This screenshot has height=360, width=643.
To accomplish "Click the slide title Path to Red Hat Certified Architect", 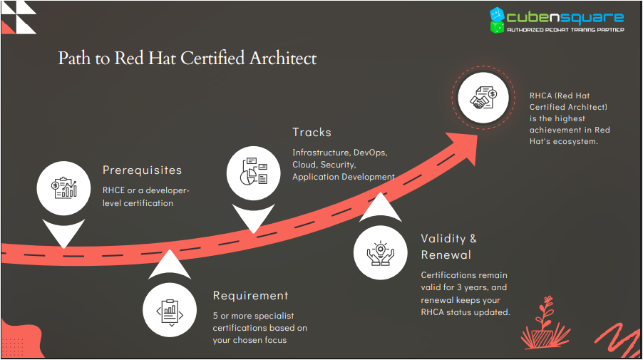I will [187, 58].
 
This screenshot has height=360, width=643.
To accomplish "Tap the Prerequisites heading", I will [142, 170].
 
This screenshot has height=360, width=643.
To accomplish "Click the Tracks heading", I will [312, 133].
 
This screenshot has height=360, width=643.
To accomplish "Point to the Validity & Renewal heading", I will [448, 247].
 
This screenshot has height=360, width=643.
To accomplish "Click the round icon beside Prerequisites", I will [63, 187].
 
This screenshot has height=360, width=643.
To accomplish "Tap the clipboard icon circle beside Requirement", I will [169, 311].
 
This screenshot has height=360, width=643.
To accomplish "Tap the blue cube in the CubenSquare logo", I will [497, 15].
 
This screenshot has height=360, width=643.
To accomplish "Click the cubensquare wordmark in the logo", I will [565, 18].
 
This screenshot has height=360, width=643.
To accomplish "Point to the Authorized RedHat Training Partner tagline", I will [565, 31].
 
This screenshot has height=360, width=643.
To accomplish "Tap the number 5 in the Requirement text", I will [216, 316].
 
